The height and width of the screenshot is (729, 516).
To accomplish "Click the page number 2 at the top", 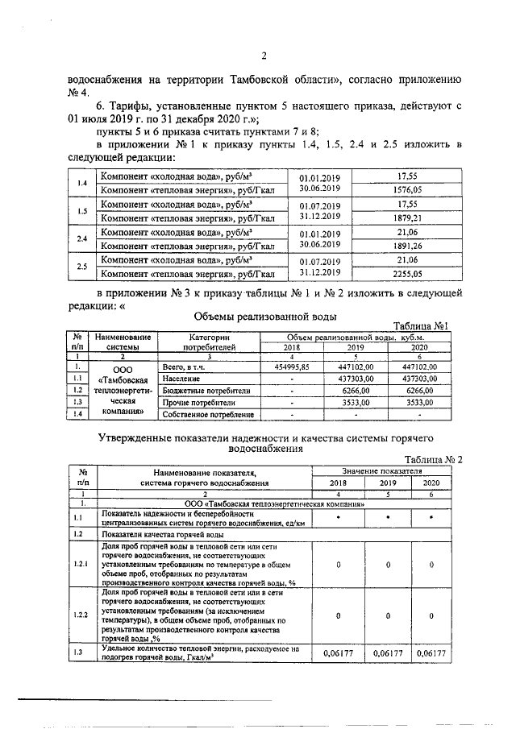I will tap(264, 56).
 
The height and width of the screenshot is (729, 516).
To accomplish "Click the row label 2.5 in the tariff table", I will tap(81, 267).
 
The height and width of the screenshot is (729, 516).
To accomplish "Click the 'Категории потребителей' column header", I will tap(209, 342).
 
